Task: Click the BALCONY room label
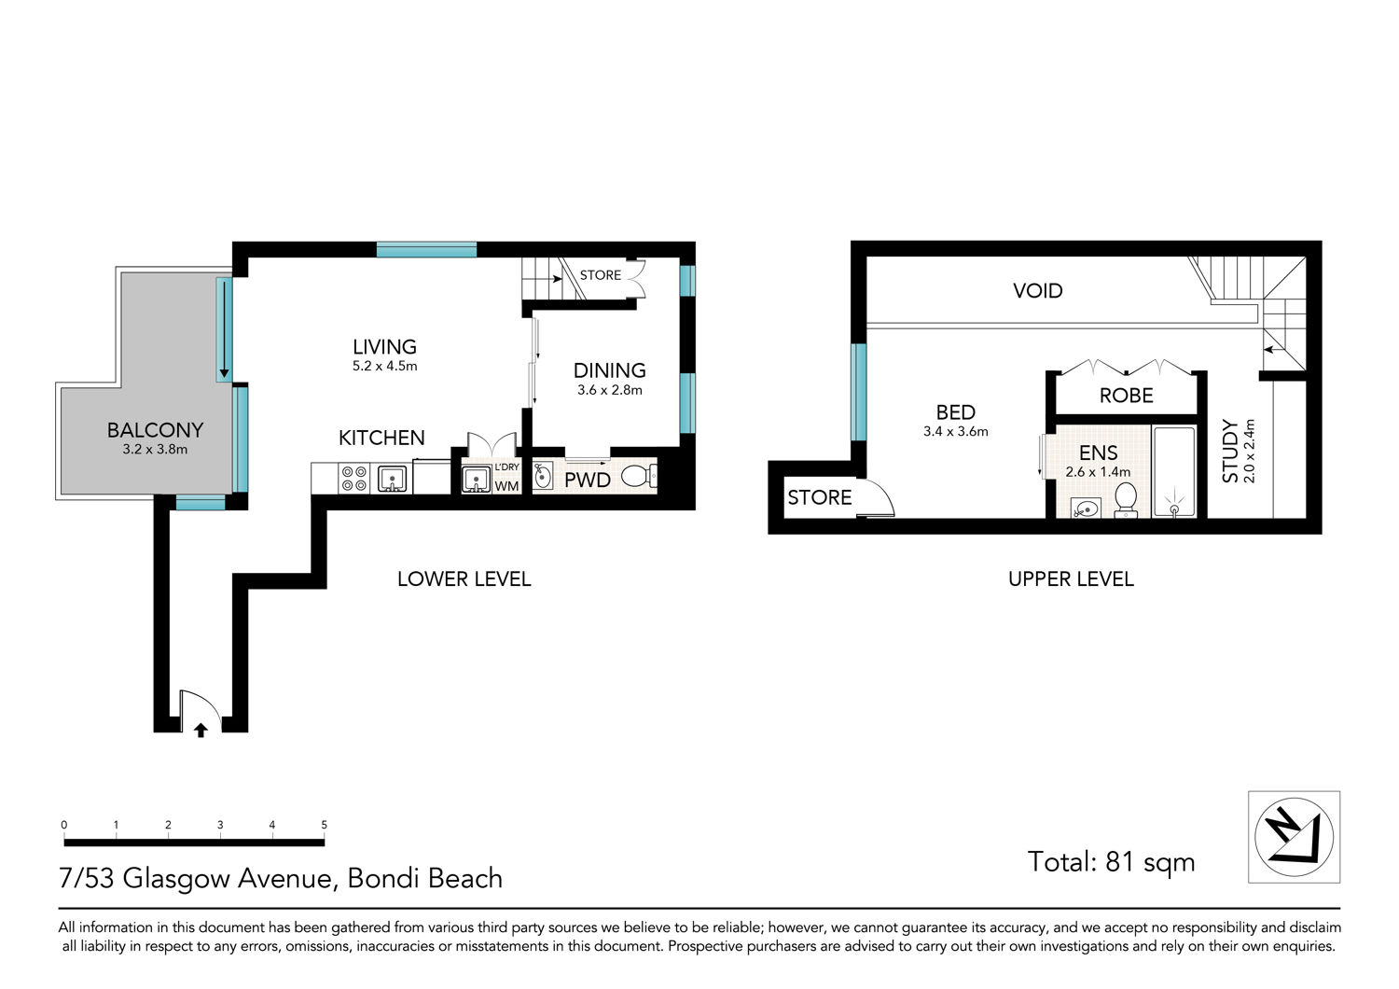pos(155,430)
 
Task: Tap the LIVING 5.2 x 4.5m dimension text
pos(384,366)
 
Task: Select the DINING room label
pos(610,370)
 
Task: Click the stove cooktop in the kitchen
pos(354,479)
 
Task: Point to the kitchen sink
pos(393,480)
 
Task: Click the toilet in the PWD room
pos(639,478)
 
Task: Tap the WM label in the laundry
pos(506,486)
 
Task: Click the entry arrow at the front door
pos(201,730)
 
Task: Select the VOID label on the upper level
pos(1037,290)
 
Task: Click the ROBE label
pos(1126,396)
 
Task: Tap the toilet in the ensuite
pos(1126,500)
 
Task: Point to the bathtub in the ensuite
pos(1173,472)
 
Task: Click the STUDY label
pos(1230,451)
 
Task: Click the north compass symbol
pos(1295,837)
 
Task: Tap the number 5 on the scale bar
pos(325,825)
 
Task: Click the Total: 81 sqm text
pos(1111,861)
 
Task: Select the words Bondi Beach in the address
pos(424,878)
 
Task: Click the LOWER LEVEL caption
pos(464,579)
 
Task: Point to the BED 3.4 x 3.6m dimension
pos(956,431)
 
